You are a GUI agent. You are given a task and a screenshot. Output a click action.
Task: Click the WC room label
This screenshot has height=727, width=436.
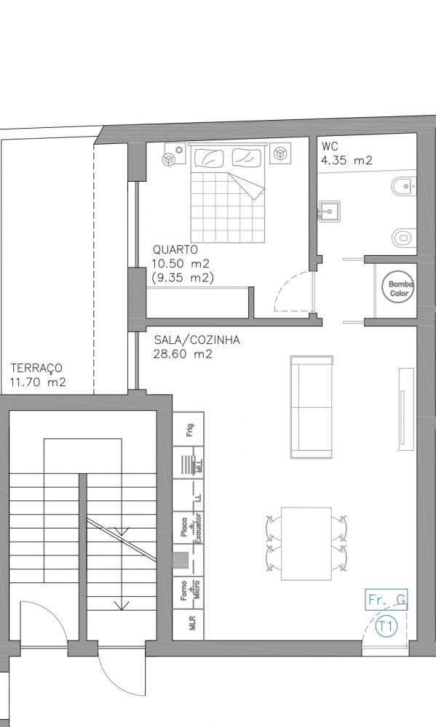point(330,147)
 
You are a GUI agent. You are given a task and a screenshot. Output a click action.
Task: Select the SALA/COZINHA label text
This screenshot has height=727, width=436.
point(197,340)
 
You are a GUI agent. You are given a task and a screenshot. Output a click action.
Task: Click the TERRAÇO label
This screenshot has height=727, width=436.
point(36,369)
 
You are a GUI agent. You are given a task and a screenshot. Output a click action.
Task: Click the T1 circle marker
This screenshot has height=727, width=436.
point(387,627)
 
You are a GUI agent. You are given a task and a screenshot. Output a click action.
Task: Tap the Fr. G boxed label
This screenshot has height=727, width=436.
point(387,600)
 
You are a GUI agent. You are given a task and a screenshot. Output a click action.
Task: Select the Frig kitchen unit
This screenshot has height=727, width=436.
point(188,429)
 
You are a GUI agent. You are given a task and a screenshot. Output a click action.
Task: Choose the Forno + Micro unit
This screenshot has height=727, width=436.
point(188,593)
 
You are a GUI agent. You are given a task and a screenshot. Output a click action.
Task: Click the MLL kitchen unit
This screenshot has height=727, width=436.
point(188,462)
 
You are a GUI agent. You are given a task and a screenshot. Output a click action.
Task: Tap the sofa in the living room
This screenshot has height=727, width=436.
point(312,407)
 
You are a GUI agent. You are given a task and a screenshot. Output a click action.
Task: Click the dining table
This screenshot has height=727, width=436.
point(306,543)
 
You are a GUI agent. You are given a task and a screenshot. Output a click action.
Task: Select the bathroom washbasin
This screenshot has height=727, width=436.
point(329,212)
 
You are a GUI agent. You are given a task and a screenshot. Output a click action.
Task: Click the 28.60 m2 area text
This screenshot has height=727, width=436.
point(183,354)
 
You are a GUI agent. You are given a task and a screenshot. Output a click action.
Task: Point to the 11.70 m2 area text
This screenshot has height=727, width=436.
point(38,382)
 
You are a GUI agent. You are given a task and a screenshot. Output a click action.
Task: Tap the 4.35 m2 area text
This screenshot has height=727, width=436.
point(346,161)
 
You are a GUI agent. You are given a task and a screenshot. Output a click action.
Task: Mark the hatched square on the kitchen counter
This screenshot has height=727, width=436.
point(181,560)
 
